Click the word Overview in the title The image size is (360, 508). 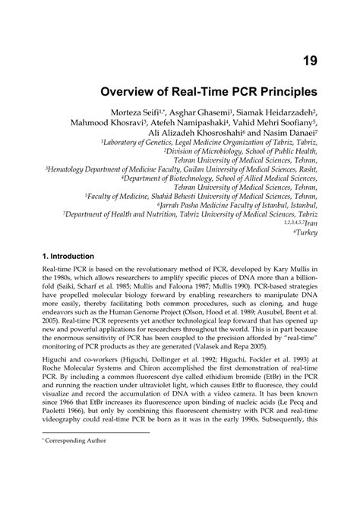point(132,92)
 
